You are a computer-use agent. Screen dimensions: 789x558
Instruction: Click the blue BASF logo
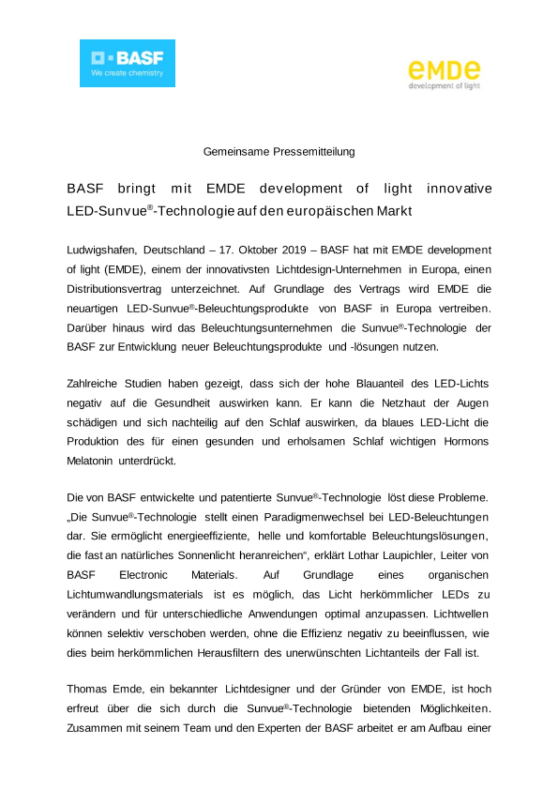tap(127, 63)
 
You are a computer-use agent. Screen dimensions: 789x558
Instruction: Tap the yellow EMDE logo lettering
tap(444, 70)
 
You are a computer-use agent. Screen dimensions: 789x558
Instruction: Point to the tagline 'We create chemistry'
tap(127, 73)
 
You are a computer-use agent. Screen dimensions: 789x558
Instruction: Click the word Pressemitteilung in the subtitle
tap(314, 152)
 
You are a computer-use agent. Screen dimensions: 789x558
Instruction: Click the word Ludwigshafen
tap(101, 250)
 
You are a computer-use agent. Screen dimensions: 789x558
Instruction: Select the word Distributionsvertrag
tap(114, 289)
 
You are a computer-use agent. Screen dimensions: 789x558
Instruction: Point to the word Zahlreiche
tap(92, 383)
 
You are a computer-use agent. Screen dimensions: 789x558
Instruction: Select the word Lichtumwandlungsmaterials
tap(135, 595)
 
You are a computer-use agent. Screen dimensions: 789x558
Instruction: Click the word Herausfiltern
tap(228, 653)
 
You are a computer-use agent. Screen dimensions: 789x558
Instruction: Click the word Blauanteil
tap(380, 383)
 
